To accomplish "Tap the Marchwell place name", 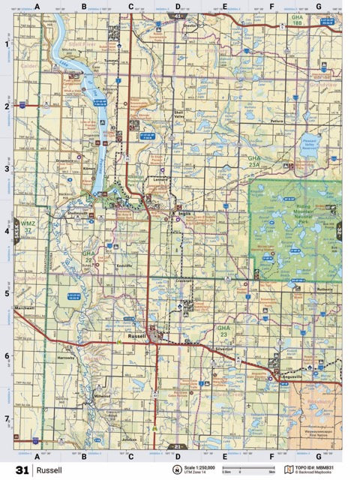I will [x=25, y=308].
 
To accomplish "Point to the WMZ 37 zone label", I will [x=28, y=227].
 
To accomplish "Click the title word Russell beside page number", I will [x=48, y=470].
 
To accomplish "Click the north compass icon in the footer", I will [x=178, y=470].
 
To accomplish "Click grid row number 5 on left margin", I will [x=6, y=293].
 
